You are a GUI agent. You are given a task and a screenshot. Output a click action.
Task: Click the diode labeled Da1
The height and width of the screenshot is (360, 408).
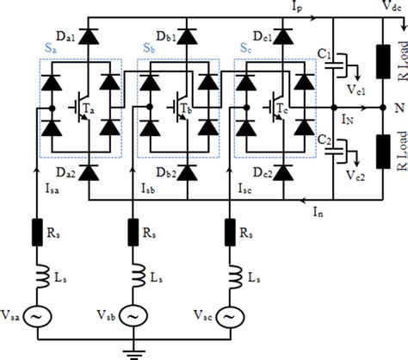(x=89, y=36)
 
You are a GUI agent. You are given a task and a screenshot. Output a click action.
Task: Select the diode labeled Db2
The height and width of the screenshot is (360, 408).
(x=187, y=172)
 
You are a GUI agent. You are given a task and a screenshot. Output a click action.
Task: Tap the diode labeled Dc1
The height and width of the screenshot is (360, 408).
(x=283, y=36)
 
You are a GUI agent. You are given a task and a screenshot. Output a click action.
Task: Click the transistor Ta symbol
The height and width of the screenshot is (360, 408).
(x=81, y=107)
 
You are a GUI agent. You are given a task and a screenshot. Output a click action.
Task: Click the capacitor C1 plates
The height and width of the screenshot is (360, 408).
(x=333, y=65)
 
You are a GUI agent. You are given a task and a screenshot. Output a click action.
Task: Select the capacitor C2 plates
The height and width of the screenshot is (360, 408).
(x=333, y=152)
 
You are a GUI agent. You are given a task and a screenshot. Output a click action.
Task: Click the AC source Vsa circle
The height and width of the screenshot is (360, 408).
(x=37, y=316)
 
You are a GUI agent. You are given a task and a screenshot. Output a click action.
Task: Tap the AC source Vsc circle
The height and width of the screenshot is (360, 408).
(x=230, y=316)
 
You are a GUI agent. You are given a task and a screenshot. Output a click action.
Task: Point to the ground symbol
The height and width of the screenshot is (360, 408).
(x=133, y=354)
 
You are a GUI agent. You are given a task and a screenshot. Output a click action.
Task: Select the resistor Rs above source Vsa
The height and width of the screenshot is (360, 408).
(x=37, y=233)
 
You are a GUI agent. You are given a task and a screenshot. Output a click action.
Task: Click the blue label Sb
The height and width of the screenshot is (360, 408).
(x=149, y=48)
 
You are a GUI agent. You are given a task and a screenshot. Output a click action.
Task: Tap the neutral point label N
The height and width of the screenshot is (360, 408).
(x=399, y=108)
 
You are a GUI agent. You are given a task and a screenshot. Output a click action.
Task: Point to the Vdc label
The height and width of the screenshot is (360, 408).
(x=393, y=6)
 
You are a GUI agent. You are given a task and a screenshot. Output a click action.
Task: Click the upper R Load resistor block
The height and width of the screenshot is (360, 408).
(x=383, y=61)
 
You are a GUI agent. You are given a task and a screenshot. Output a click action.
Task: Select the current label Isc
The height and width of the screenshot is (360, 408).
(x=245, y=189)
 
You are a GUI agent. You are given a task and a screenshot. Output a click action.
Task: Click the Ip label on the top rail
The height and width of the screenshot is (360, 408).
(x=297, y=6)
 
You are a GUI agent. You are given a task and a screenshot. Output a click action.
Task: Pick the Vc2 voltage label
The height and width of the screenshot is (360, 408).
(x=355, y=175)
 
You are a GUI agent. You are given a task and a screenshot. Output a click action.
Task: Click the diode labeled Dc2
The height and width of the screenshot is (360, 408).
(x=283, y=172)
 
